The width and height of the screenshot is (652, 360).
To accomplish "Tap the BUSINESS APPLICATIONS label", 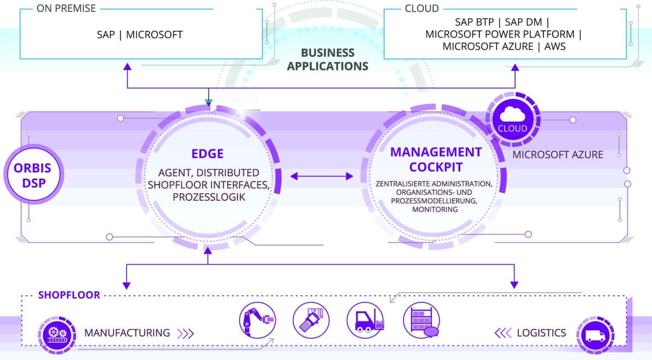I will click(327, 59).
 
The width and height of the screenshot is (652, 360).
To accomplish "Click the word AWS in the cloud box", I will click(553, 47).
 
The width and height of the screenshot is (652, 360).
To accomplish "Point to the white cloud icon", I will click(512, 115).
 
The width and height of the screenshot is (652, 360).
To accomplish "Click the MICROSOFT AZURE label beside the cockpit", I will click(558, 155).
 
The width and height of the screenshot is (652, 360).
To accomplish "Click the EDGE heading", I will click(207, 154).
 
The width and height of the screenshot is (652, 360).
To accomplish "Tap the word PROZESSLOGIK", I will click(207, 198).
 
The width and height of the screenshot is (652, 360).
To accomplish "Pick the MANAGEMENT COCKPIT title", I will click(436, 159).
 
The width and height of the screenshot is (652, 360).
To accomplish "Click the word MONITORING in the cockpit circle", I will click(435, 209).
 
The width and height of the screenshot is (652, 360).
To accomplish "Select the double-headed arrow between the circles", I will click(323, 176).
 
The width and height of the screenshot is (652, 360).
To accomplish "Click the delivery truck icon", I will click(595, 333).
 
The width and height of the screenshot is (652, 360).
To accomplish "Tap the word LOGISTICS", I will click(541, 333).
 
